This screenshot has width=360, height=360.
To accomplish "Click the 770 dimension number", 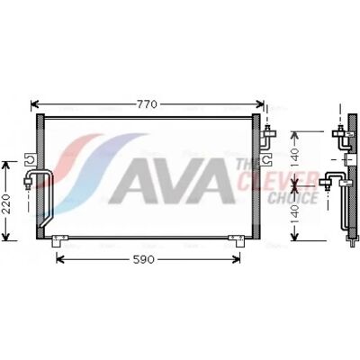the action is click(147, 104).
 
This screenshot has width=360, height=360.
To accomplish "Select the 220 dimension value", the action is click(6, 204).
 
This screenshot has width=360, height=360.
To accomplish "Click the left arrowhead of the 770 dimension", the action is click(35, 104).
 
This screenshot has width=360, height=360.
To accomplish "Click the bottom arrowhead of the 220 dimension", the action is click(6, 237).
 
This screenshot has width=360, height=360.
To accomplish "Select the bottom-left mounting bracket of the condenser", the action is click(60, 240).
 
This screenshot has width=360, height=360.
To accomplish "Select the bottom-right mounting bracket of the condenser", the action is click(237, 240).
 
